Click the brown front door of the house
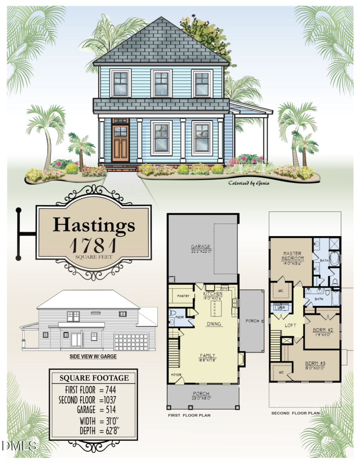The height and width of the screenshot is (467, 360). point(120,143)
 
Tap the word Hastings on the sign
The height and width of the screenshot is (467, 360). point(94,225)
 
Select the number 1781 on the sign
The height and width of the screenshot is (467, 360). point(93,244)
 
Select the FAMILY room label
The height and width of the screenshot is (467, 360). point(208,355)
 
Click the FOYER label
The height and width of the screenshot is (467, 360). point(176,375)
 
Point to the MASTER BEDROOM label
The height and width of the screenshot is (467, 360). point(292,256)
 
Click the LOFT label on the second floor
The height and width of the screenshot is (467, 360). point(290,325)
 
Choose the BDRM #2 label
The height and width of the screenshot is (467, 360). point(322,330)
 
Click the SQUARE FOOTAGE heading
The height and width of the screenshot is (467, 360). point(94,378)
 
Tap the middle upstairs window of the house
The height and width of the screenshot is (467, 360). point(161,83)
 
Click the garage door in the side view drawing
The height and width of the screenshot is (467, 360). point(131,342)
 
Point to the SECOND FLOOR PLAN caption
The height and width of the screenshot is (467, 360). point(296,413)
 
